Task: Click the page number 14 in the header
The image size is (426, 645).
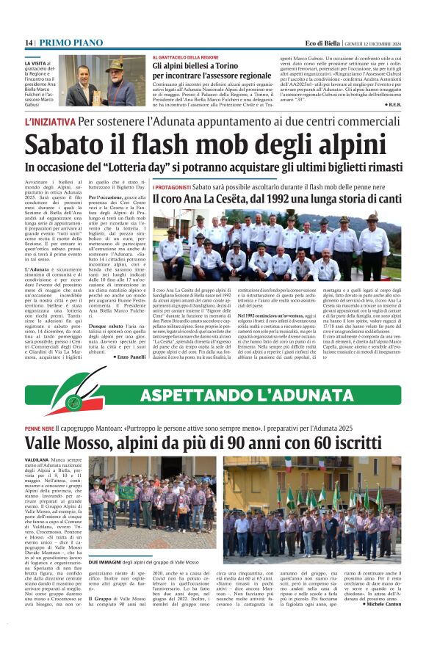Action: (x=29, y=43)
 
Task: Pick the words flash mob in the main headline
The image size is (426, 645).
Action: (x=214, y=144)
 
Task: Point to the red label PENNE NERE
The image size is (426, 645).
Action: (x=39, y=427)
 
